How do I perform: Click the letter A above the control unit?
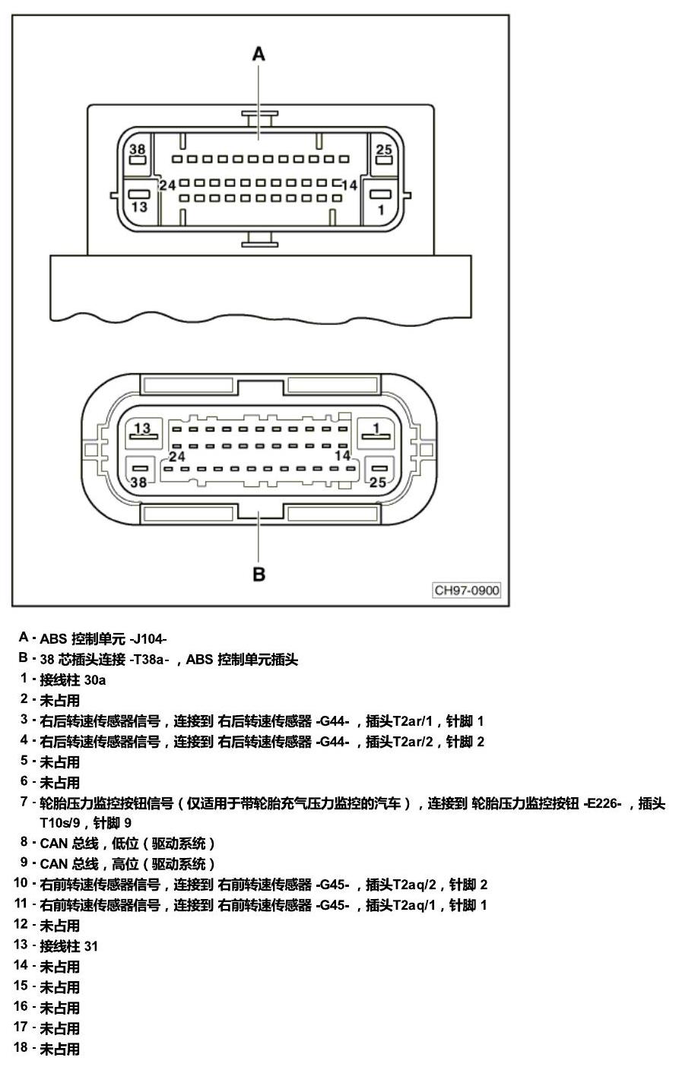click(259, 54)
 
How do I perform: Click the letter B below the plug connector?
click(259, 574)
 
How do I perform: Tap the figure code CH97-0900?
click(467, 590)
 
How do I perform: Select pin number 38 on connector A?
click(137, 149)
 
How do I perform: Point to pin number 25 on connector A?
click(383, 150)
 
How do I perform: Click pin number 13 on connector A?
click(139, 207)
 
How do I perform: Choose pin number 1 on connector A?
click(381, 210)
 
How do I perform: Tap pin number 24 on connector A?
click(167, 185)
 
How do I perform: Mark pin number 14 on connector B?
click(343, 455)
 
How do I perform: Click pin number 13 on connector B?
click(142, 428)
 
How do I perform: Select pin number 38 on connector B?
click(138, 483)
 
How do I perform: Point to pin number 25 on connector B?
click(378, 483)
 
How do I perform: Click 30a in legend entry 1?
click(95, 680)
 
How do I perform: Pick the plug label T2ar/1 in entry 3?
click(412, 721)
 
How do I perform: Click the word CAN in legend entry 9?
click(54, 865)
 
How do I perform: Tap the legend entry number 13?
click(21, 945)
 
